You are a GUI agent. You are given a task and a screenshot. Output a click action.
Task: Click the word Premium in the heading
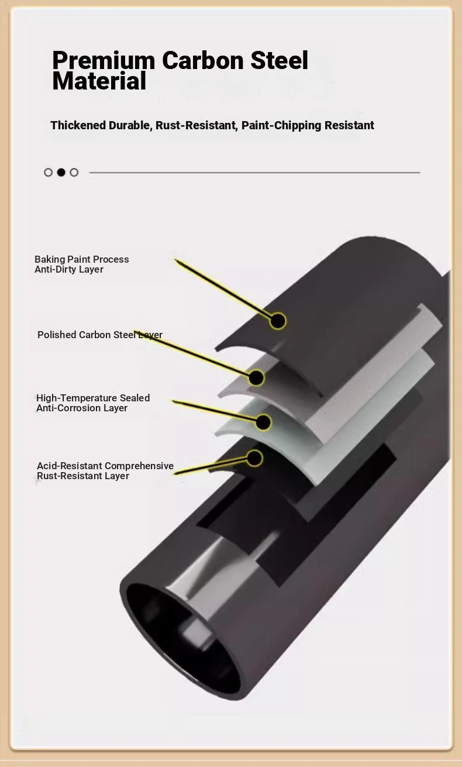104,61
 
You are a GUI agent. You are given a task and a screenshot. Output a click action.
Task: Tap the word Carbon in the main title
202,60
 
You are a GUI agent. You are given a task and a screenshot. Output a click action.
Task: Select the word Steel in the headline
280,60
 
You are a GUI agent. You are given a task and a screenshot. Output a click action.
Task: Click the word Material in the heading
99,81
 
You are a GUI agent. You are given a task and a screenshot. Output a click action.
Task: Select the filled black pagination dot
61,172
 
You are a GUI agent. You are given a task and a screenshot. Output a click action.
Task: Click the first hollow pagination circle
49,172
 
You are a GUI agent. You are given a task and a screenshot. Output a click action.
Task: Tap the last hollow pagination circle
74,172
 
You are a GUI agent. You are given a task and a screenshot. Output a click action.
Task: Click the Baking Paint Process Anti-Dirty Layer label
82,264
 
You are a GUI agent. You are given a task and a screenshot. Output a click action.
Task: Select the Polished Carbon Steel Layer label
100,335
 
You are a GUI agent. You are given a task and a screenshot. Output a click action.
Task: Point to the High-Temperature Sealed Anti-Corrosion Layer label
93,403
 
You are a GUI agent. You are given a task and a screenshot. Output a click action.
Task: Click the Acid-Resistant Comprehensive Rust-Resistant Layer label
105,471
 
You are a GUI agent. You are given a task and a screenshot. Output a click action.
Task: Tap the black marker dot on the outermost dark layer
278,321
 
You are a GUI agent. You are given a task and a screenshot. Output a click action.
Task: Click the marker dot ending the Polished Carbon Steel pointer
256,378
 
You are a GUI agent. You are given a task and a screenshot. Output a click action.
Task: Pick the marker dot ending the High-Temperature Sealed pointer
263,422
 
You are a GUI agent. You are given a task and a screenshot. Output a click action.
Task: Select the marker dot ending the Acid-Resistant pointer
254,458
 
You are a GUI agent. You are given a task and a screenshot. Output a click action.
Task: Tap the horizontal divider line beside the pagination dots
254,173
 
